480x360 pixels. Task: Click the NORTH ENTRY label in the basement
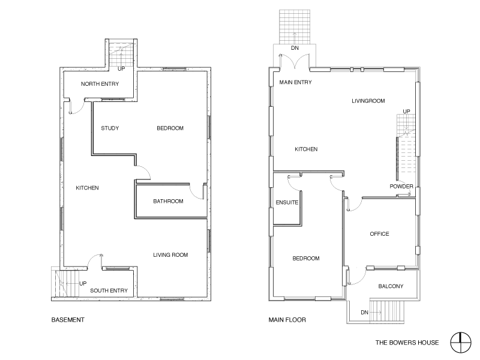tap(100, 84)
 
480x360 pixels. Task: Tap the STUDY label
tap(110, 128)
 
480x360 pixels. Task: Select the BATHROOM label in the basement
tap(168, 202)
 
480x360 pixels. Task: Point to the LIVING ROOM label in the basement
tap(170, 255)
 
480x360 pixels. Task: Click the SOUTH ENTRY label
tap(109, 291)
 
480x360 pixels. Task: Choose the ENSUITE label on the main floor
tap(287, 203)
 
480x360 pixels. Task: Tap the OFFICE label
tap(379, 234)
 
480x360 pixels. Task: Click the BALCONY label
tap(391, 287)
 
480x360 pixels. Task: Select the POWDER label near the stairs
tap(401, 187)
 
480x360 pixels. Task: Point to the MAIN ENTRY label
tap(295, 82)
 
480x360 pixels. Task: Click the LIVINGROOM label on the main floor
tap(368, 101)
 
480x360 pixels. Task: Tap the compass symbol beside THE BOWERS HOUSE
tap(460, 343)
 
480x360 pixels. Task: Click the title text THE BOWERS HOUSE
tap(407, 343)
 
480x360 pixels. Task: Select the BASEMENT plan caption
tap(68, 320)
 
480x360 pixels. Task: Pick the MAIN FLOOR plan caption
tap(287, 320)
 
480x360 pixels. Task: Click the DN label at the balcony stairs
tap(364, 313)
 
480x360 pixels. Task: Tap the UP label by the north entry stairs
tap(121, 69)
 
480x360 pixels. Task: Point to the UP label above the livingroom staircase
tap(406, 112)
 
